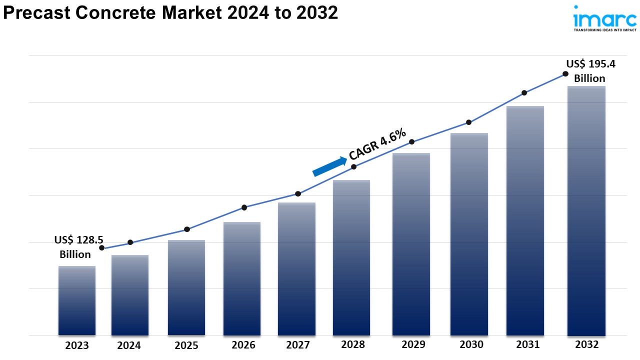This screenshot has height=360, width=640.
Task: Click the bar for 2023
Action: (x=77, y=300)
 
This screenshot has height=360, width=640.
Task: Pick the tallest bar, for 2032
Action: (x=586, y=210)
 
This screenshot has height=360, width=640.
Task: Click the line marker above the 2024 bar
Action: (x=130, y=242)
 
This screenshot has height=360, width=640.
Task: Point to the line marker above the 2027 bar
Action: (x=298, y=193)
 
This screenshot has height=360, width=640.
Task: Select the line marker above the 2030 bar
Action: (x=469, y=122)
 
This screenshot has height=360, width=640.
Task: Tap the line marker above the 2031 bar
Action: (x=524, y=92)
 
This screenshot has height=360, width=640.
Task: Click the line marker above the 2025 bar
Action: (x=187, y=229)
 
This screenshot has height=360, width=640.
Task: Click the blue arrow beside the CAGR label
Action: (x=329, y=166)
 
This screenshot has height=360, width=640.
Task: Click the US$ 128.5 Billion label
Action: (x=75, y=247)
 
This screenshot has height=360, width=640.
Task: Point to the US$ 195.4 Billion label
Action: (x=590, y=71)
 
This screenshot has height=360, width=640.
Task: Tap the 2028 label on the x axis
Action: (x=353, y=344)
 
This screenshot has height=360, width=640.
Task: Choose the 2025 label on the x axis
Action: (x=186, y=345)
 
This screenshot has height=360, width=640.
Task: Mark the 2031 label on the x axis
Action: (x=528, y=344)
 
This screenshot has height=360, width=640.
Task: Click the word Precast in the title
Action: (x=34, y=13)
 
